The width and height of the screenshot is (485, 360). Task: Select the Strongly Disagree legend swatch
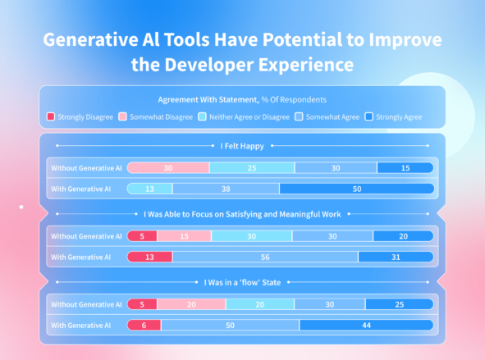pyautogui.click(x=51, y=117)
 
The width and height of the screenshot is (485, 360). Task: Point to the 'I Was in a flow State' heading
pyautogui.click(x=242, y=282)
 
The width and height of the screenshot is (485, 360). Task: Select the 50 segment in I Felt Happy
pyautogui.click(x=355, y=188)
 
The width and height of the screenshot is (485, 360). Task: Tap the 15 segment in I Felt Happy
pyautogui.click(x=405, y=168)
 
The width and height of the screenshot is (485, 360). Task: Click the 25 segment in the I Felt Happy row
pyautogui.click(x=252, y=168)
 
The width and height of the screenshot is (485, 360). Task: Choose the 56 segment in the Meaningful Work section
pyautogui.click(x=265, y=257)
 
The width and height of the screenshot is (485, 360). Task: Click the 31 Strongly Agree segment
pyautogui.click(x=396, y=257)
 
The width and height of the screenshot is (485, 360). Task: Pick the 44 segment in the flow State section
pyautogui.click(x=366, y=325)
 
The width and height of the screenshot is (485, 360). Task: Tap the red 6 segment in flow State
pyautogui.click(x=144, y=325)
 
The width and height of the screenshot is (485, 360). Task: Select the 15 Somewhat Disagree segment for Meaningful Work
pyautogui.click(x=184, y=236)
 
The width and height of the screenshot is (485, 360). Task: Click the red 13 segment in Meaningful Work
pyautogui.click(x=149, y=257)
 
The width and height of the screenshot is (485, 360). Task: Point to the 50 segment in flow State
pyautogui.click(x=230, y=325)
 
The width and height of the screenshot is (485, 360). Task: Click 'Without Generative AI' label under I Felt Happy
pyautogui.click(x=86, y=168)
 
